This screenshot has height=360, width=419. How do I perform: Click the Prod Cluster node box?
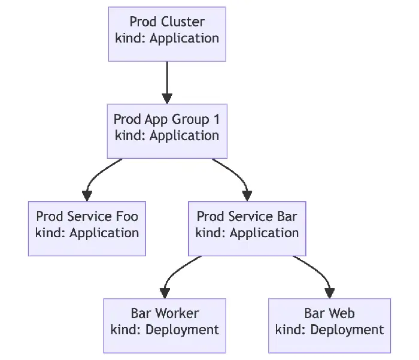click(x=167, y=34)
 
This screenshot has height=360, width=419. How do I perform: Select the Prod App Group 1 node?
click(x=167, y=131)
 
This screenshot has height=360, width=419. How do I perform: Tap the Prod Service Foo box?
click(x=87, y=228)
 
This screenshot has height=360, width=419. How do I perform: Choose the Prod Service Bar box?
click(x=247, y=228)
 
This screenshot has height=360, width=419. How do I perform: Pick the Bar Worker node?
click(x=165, y=325)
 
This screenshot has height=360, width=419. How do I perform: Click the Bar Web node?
click(x=329, y=325)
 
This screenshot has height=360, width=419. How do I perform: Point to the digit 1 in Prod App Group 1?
click(x=215, y=119)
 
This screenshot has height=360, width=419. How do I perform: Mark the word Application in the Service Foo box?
click(x=104, y=232)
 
